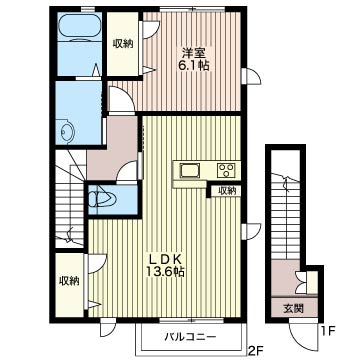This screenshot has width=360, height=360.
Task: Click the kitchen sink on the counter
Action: pyautogui.click(x=189, y=170)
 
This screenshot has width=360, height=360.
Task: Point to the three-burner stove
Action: pyautogui.click(x=227, y=170)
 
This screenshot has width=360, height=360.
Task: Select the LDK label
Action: pyautogui.click(x=165, y=259)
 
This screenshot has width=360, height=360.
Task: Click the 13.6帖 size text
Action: pyautogui.click(x=165, y=272)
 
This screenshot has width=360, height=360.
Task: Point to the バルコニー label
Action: pyautogui.click(x=191, y=336)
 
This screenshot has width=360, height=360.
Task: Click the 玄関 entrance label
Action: pyautogui.click(x=293, y=309)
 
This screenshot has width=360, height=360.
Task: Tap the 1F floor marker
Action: pyautogui.click(x=328, y=331)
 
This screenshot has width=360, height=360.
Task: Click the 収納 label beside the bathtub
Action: pyautogui.click(x=122, y=43)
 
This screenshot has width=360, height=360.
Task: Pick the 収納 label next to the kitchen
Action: pyautogui.click(x=227, y=191)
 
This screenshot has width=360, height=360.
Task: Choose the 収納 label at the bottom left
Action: pyautogui.click(x=69, y=281)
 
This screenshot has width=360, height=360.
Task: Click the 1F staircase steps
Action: pyautogui.click(x=285, y=217)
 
